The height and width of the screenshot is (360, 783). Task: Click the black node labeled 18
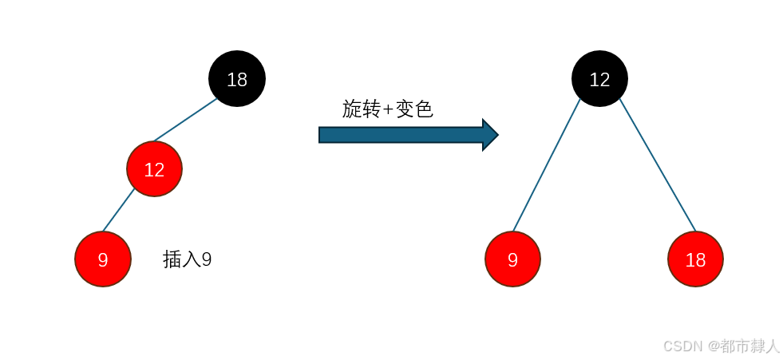click(237, 79)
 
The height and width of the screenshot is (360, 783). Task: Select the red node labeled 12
click(154, 169)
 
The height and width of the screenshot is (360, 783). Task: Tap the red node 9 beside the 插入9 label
click(103, 259)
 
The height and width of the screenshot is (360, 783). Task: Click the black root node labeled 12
click(599, 79)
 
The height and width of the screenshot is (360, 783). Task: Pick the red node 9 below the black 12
click(512, 259)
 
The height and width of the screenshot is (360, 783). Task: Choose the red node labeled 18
click(695, 259)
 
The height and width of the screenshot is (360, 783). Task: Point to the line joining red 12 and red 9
click(119, 210)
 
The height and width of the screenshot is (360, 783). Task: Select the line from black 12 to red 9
click(547, 165)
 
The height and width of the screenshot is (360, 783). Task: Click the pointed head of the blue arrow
click(489, 135)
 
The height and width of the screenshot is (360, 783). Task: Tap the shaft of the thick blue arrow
click(399, 135)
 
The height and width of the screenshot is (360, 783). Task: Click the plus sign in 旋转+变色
click(389, 109)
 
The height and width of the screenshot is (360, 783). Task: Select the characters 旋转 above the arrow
click(362, 109)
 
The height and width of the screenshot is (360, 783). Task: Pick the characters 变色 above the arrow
click(414, 109)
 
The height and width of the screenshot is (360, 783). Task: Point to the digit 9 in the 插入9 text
click(207, 259)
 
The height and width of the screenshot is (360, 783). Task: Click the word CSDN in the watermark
click(682, 346)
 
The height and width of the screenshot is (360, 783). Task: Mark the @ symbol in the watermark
click(712, 346)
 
